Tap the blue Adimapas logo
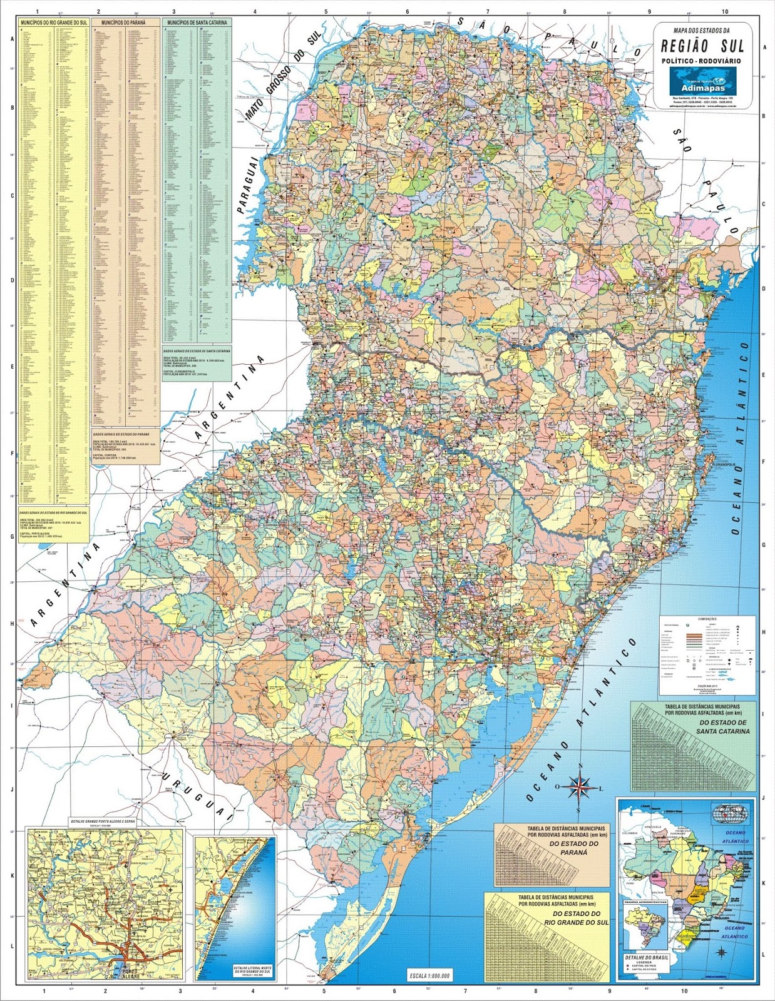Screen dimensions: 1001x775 702,79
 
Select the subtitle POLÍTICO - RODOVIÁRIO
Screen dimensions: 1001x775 702,61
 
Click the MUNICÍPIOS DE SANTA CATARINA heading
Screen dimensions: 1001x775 196,22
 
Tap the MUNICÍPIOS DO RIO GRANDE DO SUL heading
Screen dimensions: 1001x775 53,22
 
